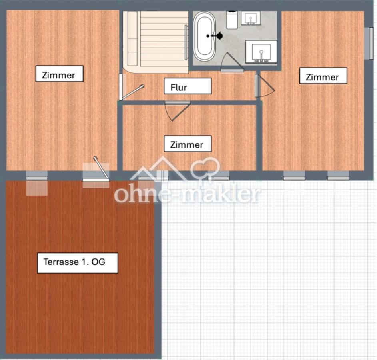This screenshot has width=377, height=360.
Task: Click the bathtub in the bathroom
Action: point(205,36)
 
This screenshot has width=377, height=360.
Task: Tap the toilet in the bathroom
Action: point(232,20)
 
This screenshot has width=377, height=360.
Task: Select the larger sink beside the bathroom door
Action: point(261,52)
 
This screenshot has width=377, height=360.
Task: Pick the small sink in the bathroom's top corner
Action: point(251,18)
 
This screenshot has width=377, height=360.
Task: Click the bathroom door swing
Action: point(232,62)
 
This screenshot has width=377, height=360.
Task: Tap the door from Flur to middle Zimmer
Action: point(178,111)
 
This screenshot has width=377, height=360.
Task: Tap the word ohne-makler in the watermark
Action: point(187,194)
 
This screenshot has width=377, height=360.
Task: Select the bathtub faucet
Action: point(215,36)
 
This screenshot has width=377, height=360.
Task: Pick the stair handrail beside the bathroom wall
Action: point(186,42)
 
